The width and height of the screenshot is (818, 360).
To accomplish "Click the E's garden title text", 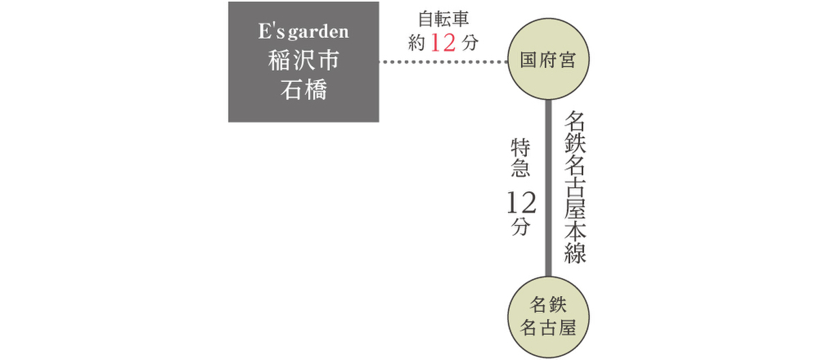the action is [x=303, y=31].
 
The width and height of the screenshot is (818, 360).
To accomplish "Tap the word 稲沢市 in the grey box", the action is [x=303, y=60].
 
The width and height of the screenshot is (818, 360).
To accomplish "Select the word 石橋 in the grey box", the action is [x=303, y=89].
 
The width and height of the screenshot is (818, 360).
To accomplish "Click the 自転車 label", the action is [x=443, y=19].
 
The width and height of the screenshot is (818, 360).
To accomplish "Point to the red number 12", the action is [x=443, y=43].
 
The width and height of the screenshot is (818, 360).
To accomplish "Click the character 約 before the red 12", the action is [x=416, y=43].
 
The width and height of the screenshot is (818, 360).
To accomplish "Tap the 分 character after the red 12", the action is [x=470, y=43].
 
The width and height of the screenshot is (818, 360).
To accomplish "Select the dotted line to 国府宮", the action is [x=443, y=61].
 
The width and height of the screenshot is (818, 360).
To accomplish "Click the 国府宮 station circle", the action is [x=548, y=59].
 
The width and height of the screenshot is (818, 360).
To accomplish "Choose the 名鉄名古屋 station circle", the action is [x=548, y=317].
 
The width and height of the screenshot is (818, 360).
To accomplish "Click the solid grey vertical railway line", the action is [x=548, y=188].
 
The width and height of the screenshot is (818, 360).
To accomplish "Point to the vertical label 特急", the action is [x=520, y=157].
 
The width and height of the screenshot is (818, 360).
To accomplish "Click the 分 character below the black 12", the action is [x=521, y=227].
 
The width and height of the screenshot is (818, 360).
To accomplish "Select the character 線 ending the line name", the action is [x=575, y=252].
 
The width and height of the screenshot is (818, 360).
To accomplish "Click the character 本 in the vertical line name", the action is [x=575, y=230].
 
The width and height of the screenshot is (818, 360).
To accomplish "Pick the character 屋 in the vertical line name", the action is [x=575, y=209].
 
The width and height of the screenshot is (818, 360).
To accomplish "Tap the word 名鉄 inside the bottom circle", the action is [x=548, y=305].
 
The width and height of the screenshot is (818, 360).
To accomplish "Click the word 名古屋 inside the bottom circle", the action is [x=548, y=327].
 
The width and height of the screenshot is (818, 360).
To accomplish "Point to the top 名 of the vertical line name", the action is [x=575, y=121].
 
